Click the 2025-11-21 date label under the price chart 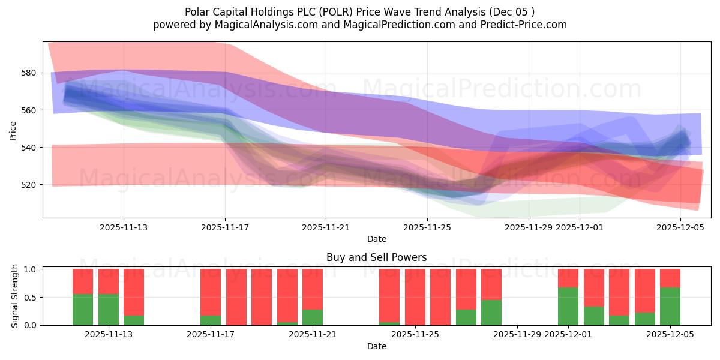click(x=326, y=227)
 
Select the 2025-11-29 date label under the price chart click(x=528, y=227)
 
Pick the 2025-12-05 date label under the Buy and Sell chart click(x=670, y=335)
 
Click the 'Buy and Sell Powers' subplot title click(x=376, y=257)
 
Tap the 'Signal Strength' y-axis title click(x=15, y=297)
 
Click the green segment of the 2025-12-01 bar click(x=568, y=306)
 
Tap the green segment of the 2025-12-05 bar click(x=670, y=306)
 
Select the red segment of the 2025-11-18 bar click(x=236, y=297)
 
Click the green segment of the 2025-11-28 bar click(x=491, y=313)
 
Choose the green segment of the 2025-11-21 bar click(x=313, y=317)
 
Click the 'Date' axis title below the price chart click(x=376, y=239)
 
